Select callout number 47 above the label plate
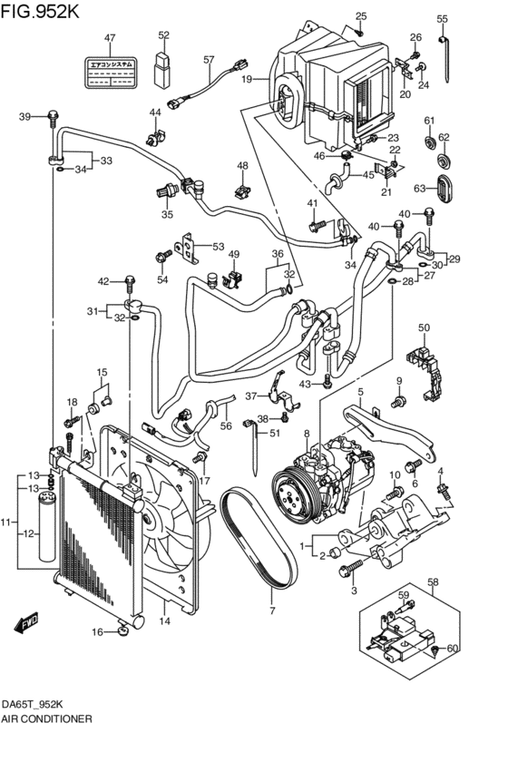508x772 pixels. tap(110, 38)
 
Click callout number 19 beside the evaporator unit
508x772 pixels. tap(245, 80)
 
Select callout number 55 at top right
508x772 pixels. tap(442, 19)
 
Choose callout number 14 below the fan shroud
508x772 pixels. tap(164, 621)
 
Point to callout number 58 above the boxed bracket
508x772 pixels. tap(433, 581)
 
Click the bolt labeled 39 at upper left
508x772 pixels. tap(54, 117)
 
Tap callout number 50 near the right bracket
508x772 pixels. tap(423, 327)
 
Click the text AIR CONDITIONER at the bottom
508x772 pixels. tap(46, 717)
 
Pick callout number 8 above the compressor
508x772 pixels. tap(307, 434)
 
